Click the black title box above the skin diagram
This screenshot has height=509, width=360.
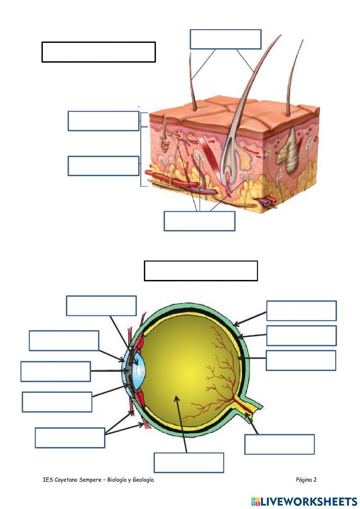[98, 52]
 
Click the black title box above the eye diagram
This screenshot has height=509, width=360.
[201, 271]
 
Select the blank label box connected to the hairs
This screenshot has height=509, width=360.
[225, 39]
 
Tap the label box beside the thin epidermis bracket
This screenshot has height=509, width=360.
[103, 121]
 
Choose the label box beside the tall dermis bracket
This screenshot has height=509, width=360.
[103, 166]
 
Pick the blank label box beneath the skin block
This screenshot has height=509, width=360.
[199, 221]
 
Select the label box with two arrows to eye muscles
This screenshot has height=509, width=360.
[70, 438]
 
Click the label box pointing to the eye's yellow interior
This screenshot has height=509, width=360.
[189, 463]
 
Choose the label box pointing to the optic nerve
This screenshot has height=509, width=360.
[279, 444]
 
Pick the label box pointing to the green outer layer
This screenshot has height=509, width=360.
[301, 311]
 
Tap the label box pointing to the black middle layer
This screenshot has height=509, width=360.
[301, 335]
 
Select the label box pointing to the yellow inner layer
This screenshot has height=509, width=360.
[301, 360]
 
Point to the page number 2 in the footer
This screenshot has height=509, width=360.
[315, 479]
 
